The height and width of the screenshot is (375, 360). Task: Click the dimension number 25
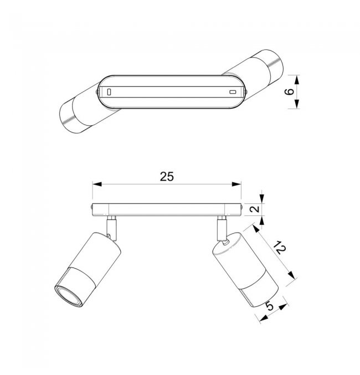pyautogui.click(x=167, y=177)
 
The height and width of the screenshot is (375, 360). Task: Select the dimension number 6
pyautogui.click(x=290, y=91)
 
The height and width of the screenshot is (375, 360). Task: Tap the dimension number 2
pyautogui.click(x=255, y=209)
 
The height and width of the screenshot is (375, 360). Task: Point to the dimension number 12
pyautogui.click(x=280, y=248)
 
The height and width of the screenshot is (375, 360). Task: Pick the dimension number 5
pyautogui.click(x=270, y=306)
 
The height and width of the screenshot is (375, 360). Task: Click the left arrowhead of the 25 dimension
pyautogui.click(x=97, y=184)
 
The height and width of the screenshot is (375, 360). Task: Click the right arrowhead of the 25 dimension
pyautogui.click(x=236, y=184)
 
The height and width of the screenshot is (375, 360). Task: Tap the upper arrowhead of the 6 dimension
pyautogui.click(x=297, y=80)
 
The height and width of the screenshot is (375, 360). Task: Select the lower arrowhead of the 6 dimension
pyautogui.click(x=297, y=104)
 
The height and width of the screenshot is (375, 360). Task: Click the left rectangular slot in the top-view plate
pyautogui.click(x=109, y=92)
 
